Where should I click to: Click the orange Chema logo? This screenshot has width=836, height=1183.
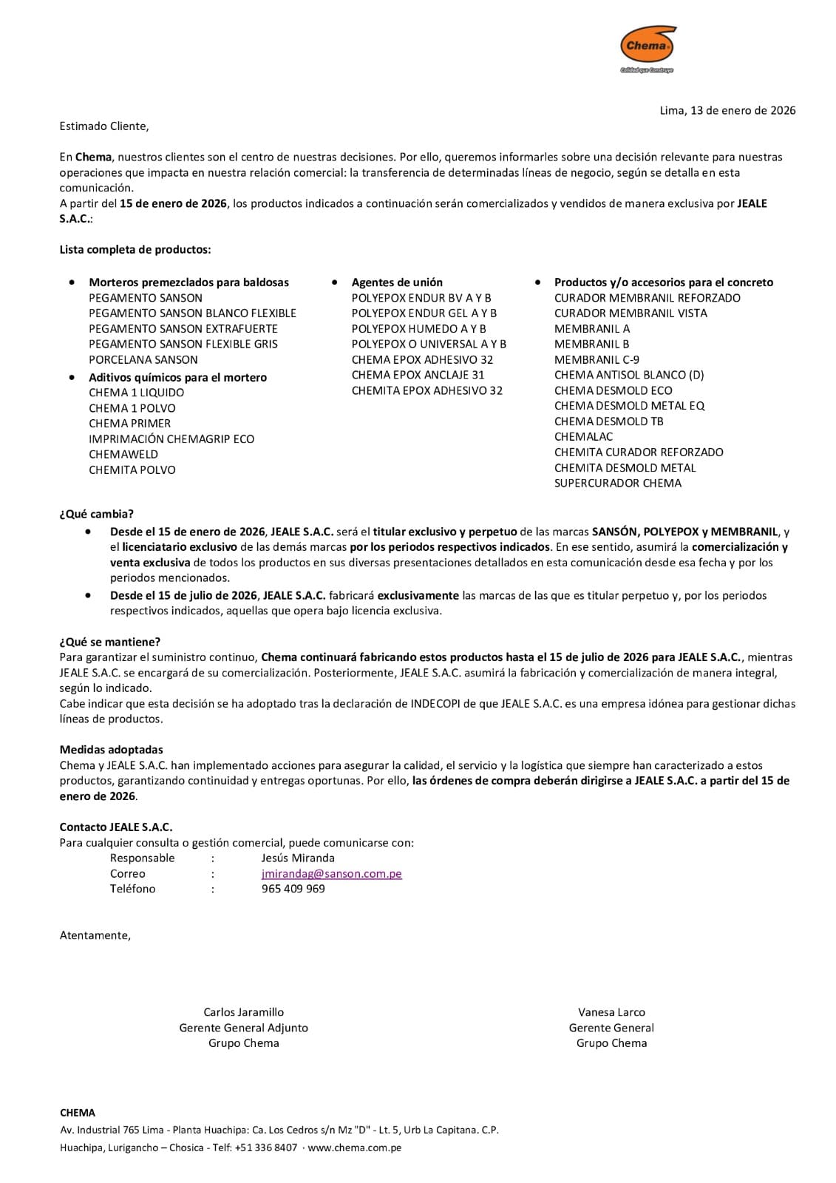648,47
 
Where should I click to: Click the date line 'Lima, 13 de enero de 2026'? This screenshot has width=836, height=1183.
727,111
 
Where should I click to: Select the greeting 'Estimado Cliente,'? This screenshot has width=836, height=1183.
104,126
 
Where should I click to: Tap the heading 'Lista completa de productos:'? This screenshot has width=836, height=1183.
135,250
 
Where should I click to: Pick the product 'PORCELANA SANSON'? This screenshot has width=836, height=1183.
143,360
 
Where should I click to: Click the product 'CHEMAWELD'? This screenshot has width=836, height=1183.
123,455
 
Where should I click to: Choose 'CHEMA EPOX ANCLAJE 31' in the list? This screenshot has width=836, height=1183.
418,376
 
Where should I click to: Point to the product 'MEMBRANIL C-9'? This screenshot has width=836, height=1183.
597,360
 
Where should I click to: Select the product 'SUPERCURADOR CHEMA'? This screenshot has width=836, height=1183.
618,484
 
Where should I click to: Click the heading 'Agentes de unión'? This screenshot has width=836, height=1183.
397,282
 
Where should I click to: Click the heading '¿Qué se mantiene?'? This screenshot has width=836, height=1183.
110,642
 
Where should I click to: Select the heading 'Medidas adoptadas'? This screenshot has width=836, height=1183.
112,750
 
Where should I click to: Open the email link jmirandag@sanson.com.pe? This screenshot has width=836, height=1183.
332,874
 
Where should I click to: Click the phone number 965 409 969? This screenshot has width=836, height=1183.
293,889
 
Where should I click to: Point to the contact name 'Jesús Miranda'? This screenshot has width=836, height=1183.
298,858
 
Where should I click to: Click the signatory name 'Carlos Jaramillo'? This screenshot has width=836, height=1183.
244,1012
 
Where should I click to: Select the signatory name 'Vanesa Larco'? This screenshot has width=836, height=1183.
611,1012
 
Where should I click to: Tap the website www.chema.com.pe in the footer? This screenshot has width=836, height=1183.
355,1148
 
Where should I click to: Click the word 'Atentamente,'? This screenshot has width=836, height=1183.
95,935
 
